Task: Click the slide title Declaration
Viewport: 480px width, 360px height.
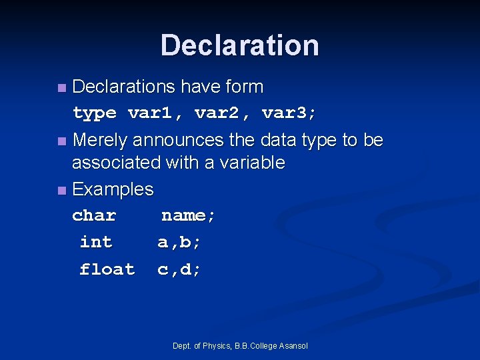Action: [x=239, y=45]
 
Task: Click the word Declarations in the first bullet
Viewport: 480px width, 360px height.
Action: [x=123, y=87]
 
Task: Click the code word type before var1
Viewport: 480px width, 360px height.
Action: [x=94, y=113]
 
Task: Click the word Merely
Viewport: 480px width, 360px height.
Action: [x=100, y=140]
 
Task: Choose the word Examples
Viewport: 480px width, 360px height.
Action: [x=113, y=189]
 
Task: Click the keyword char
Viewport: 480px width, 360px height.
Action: [x=94, y=216]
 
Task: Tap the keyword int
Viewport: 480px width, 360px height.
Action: [x=96, y=242]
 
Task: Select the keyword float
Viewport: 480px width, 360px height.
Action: [x=107, y=269]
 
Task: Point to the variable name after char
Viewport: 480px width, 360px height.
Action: [x=189, y=216]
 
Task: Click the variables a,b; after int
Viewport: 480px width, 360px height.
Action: [x=179, y=243]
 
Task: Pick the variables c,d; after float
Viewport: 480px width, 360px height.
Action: [x=179, y=269]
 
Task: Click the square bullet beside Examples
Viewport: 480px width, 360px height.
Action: [x=61, y=191]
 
